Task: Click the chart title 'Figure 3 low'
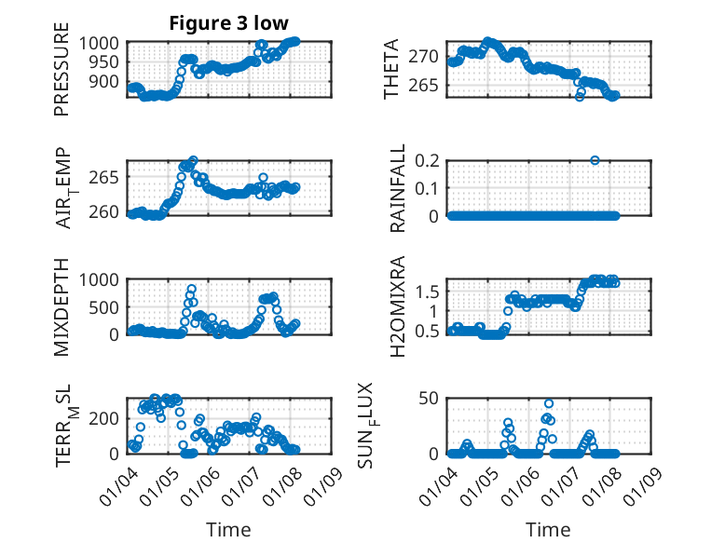tap(228, 23)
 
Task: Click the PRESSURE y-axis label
tap(62, 75)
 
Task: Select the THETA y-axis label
tap(392, 70)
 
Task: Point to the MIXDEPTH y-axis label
tap(62, 305)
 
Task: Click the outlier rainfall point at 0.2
tap(595, 160)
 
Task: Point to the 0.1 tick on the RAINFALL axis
tap(427, 188)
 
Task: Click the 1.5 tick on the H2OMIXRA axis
tap(427, 292)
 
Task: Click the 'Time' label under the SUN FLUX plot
tap(549, 530)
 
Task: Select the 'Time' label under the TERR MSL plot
tap(228, 530)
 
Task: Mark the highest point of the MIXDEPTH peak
tap(192, 289)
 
